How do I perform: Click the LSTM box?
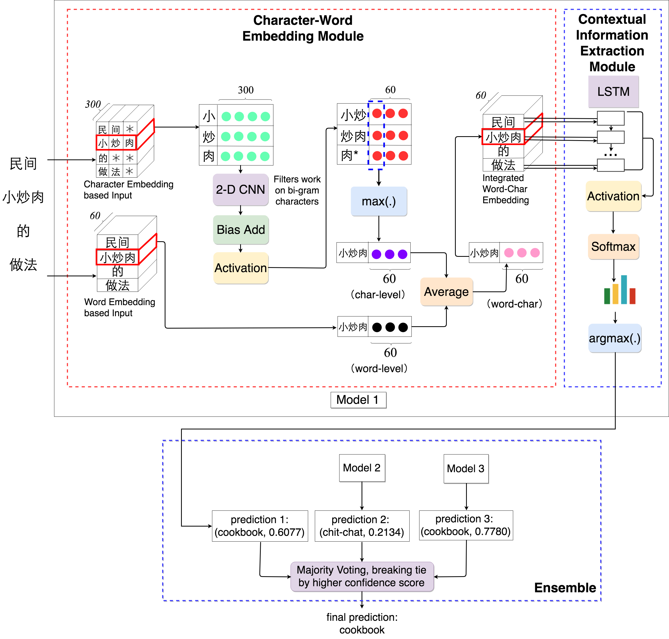(x=613, y=92)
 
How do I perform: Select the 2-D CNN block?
(x=240, y=190)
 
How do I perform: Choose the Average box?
(x=446, y=292)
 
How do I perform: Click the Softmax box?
(x=613, y=247)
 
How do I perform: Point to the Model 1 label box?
(x=358, y=400)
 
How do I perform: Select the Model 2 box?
(x=362, y=468)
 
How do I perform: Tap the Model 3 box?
(x=466, y=469)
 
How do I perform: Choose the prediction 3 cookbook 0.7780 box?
(x=466, y=525)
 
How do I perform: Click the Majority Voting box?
(x=362, y=576)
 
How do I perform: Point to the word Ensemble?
(x=565, y=588)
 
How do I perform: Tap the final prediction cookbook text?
(x=362, y=623)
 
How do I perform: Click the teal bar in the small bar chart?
(x=624, y=290)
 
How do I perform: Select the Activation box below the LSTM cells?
(x=613, y=196)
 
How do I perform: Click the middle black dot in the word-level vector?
(x=390, y=327)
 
